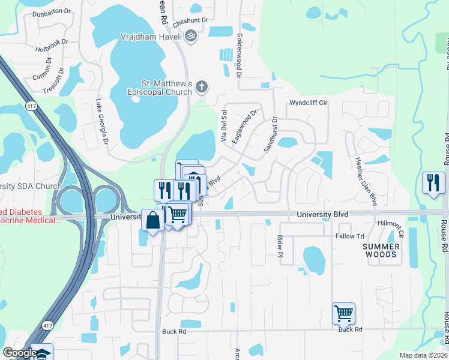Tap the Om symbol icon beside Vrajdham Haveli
tap(191, 36)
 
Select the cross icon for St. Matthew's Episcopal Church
tap(202, 87)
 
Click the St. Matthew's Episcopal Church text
tap(158, 88)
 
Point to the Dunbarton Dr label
tap(52, 12)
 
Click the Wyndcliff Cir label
tap(308, 103)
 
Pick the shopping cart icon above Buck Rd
tap(343, 312)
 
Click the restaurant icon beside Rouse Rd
tap(433, 182)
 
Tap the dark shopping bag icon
tap(152, 220)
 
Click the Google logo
tap(19, 353)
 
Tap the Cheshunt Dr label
tap(190, 20)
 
